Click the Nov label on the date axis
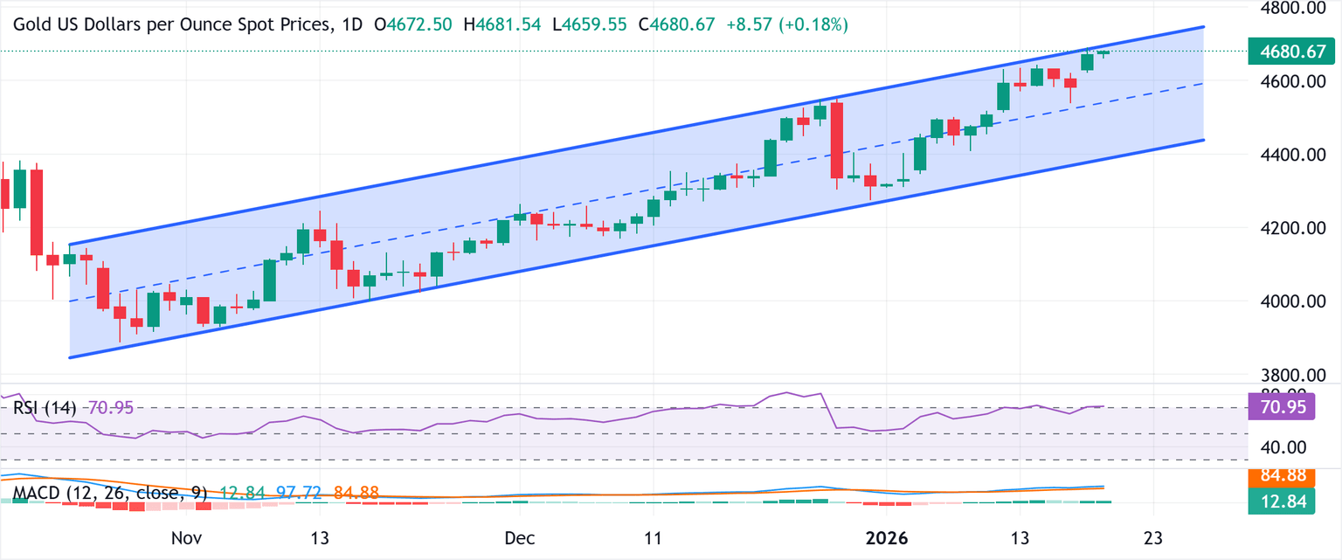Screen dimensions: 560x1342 click(x=188, y=537)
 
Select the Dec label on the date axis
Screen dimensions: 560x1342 click(x=518, y=537)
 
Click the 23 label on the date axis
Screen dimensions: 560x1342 click(x=1152, y=537)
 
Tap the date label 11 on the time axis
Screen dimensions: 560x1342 click(x=653, y=537)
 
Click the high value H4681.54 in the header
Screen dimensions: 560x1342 click(x=502, y=25)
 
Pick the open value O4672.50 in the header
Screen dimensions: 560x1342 click(x=412, y=25)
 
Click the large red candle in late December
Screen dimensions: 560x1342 click(x=837, y=140)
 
